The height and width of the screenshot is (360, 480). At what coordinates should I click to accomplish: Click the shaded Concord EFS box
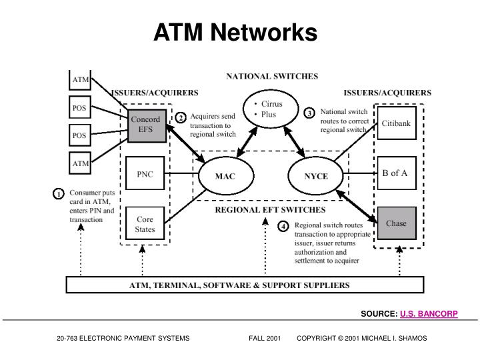click(147, 126)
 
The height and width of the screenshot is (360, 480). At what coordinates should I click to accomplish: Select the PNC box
click(145, 173)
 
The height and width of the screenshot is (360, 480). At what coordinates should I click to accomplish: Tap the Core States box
click(145, 223)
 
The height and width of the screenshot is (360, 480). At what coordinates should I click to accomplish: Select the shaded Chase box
click(397, 223)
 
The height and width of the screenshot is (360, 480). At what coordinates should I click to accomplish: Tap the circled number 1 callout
click(58, 194)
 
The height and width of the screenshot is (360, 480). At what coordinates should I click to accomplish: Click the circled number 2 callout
click(181, 117)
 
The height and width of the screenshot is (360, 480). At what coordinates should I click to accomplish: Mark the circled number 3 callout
click(309, 113)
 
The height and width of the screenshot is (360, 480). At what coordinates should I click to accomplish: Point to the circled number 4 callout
click(283, 226)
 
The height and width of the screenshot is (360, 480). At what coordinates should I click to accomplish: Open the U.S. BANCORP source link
click(429, 314)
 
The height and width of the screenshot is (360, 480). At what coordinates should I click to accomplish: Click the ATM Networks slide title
click(235, 32)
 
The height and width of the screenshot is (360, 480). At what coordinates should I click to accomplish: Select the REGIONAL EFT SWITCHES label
click(270, 210)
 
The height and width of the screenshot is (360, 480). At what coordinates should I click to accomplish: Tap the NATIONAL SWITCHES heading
click(272, 76)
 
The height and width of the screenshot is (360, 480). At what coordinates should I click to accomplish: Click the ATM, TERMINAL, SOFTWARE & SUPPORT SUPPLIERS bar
click(245, 285)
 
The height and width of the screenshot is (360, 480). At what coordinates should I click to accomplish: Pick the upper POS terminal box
click(80, 107)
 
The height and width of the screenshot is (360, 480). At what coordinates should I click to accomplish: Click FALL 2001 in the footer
click(265, 338)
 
